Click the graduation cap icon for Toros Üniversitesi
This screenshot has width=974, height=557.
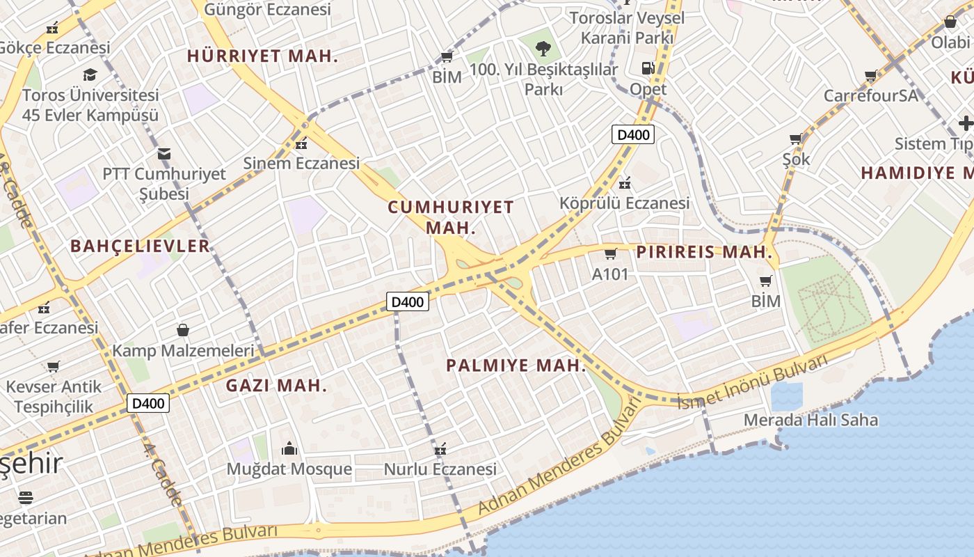(x=90, y=74)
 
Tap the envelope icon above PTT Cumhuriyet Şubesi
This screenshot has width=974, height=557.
(x=164, y=153)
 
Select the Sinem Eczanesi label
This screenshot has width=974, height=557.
(x=301, y=164)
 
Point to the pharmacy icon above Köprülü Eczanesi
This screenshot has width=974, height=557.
(x=625, y=183)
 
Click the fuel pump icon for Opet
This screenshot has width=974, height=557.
(x=648, y=68)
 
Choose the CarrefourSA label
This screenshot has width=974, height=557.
(x=871, y=95)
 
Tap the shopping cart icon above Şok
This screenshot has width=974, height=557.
(x=796, y=139)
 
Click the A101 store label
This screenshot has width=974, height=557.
(x=609, y=274)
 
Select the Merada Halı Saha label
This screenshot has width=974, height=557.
(x=811, y=420)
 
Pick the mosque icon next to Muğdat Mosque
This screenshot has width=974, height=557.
(x=289, y=449)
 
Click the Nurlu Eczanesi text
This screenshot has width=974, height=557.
(x=440, y=469)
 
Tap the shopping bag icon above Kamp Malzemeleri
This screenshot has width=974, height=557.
(x=183, y=329)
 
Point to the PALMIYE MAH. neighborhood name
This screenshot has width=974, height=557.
(x=516, y=366)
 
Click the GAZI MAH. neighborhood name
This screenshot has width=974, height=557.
(x=276, y=385)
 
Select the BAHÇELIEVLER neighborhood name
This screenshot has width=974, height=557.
(x=140, y=246)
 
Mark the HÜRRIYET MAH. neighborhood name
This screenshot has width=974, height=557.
(x=262, y=56)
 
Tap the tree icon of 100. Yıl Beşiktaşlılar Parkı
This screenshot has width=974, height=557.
(x=543, y=48)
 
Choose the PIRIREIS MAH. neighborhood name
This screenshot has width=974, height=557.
(x=704, y=251)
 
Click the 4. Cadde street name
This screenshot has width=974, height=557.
(x=163, y=474)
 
